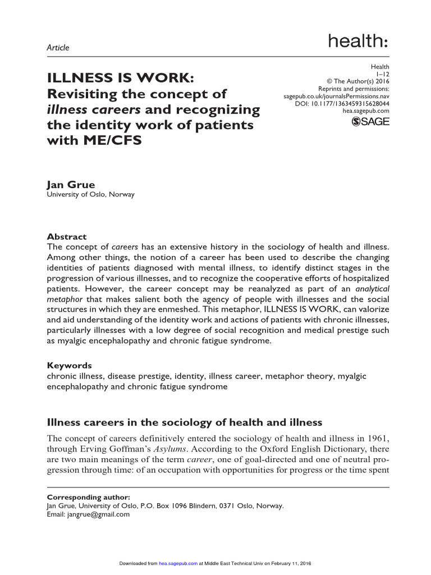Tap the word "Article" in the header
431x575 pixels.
click(x=58, y=48)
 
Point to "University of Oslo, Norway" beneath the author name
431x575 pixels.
click(x=90, y=195)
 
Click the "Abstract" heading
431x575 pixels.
click(x=66, y=237)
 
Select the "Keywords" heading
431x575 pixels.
click(x=69, y=366)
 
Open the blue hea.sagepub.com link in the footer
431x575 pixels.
click(x=178, y=563)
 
